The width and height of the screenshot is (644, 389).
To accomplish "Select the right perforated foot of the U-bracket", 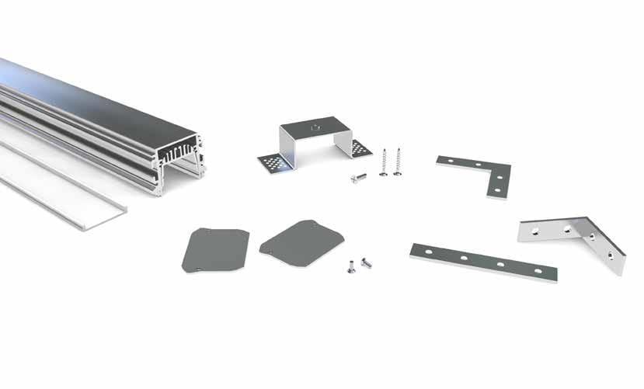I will pos(360,148).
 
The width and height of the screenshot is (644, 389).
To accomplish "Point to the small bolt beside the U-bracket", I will pos(358,179).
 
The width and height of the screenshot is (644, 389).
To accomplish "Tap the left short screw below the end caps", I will pos(351,267).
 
